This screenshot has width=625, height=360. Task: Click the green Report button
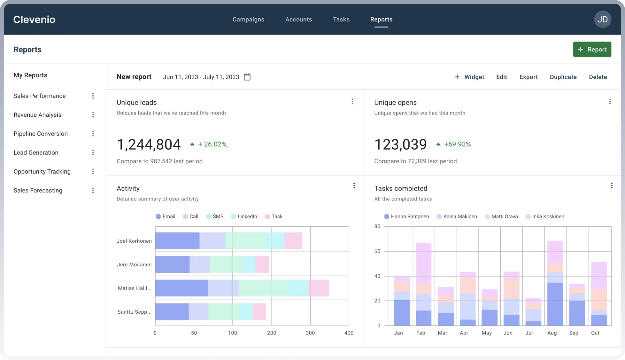pos(592,50)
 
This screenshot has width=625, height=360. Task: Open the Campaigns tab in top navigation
pos(248,20)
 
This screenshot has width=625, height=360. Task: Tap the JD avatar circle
pos(602,20)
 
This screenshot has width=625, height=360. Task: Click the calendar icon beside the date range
pos(247,77)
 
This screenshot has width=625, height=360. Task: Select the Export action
pos(528,77)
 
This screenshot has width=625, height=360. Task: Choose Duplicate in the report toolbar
pos(563,77)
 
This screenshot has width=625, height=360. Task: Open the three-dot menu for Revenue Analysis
pos(93,115)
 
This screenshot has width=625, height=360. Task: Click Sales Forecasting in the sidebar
pos(38,191)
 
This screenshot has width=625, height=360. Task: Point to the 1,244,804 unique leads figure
pos(149,145)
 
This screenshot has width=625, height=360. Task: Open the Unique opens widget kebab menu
pos(610,102)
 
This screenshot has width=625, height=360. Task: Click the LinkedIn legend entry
pos(244,217)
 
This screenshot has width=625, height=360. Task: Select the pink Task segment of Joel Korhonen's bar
pos(293,241)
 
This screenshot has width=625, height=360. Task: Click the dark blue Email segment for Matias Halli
pos(181,288)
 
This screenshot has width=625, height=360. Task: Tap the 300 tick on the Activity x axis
pos(310,333)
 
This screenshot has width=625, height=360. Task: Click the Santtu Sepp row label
pos(134,312)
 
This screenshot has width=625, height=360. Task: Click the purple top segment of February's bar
pos(423,263)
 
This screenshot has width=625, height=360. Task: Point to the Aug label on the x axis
pos(552,333)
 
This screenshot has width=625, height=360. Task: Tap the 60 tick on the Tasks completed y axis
pos(377,252)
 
